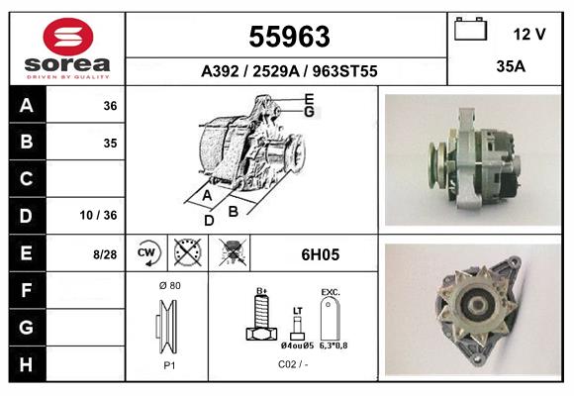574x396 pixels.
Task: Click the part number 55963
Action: (x=288, y=37)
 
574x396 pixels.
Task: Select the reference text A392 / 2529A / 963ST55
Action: (x=288, y=71)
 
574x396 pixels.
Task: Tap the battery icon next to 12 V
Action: (x=470, y=31)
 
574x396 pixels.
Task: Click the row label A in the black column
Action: (x=27, y=106)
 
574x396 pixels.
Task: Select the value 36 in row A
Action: (x=110, y=106)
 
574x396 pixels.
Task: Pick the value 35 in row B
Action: (x=110, y=143)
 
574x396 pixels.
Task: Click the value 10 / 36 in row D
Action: (x=102, y=216)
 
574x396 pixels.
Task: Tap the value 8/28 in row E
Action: (x=104, y=254)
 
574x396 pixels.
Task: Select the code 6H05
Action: (x=320, y=254)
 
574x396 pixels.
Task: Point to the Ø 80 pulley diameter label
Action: (x=168, y=285)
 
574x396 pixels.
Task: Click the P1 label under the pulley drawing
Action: (x=168, y=363)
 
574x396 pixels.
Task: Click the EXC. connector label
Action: (x=331, y=292)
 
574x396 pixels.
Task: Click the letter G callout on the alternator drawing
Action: (x=309, y=112)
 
